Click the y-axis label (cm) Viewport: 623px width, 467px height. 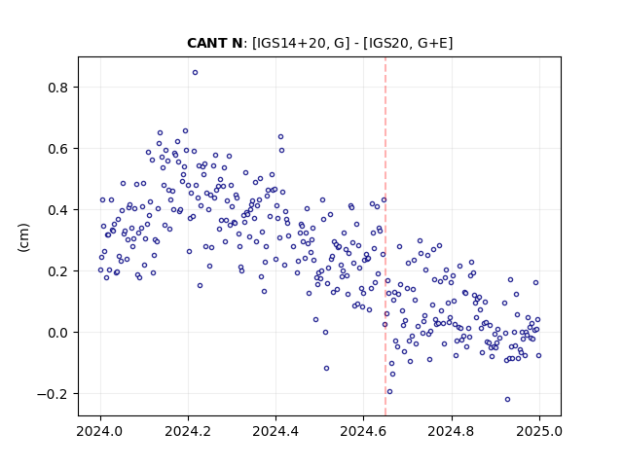(23, 237)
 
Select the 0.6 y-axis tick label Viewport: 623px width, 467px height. (58, 149)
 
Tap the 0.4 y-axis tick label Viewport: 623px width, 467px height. (58, 210)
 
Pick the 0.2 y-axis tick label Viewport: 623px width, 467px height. (58, 271)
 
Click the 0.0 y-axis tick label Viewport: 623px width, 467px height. (58, 333)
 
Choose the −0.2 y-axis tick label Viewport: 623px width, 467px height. (54, 394)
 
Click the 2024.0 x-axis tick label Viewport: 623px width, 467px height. (100, 431)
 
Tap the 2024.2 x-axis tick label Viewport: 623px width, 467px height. (188, 431)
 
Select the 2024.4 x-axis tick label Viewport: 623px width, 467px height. (275, 431)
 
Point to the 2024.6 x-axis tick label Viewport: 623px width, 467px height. (363, 431)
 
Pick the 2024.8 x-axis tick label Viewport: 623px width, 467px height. (451, 431)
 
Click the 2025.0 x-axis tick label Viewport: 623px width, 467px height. (539, 431)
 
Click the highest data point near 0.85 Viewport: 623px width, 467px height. (195, 73)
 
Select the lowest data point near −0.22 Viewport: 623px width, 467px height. (507, 400)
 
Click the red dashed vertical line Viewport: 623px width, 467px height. (385, 236)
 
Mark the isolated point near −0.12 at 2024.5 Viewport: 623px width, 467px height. (327, 369)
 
